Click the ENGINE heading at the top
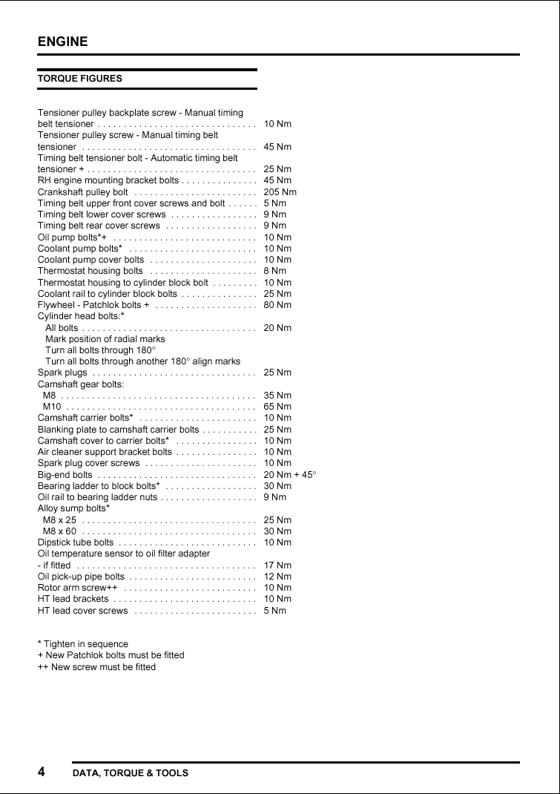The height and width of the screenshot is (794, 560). coord(63,42)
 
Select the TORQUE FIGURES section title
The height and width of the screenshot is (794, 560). coord(80,78)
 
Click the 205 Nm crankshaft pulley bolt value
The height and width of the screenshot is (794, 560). coord(280,192)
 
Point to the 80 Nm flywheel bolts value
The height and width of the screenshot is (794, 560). coord(277,305)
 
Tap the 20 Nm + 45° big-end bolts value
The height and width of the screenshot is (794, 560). coord(290,474)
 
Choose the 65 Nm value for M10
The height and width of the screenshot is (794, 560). coord(277,407)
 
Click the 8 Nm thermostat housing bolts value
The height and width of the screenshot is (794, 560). coord(274,271)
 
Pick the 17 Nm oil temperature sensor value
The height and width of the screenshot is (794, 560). coord(277,565)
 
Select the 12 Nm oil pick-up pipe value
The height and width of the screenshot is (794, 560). coord(277,577)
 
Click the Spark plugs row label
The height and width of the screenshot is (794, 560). coord(62,373)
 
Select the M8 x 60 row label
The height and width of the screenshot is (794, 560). coord(59,531)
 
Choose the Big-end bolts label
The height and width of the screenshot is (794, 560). coord(65,474)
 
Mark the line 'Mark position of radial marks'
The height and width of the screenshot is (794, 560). coord(105,339)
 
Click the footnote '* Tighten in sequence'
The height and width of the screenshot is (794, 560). coord(83,644)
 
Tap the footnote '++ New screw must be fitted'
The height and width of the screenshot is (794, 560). coord(97,666)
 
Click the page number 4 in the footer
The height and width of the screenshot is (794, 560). coord(42,772)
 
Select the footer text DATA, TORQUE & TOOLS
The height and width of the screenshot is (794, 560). coord(131,773)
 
